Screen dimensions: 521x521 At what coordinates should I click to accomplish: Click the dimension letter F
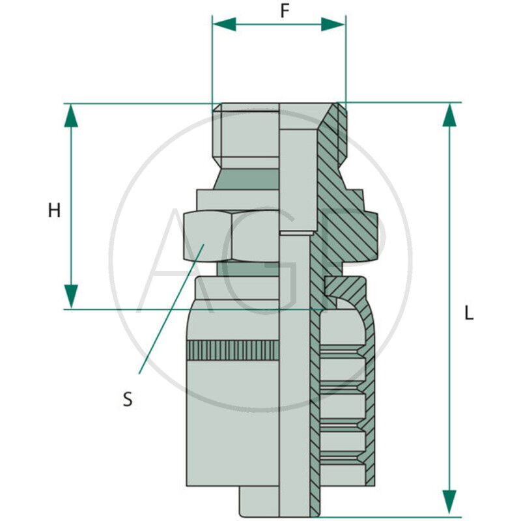[285, 11]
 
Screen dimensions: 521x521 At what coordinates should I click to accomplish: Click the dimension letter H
[55, 210]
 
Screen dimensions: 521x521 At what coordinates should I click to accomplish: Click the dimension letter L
[469, 313]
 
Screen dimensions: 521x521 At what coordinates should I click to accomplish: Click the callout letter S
[128, 399]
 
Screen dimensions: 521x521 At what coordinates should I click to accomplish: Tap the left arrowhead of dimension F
[224, 24]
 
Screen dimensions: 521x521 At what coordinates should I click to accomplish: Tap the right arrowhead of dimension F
[333, 24]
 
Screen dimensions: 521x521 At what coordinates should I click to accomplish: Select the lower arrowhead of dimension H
[71, 297]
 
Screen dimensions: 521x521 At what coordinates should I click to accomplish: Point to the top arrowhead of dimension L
[449, 115]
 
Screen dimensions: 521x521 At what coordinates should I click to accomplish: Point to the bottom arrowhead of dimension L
[449, 501]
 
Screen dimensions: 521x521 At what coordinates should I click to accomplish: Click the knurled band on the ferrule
[232, 350]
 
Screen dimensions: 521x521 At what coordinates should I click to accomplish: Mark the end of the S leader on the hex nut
[204, 244]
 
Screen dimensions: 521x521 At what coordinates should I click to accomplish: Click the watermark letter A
[176, 260]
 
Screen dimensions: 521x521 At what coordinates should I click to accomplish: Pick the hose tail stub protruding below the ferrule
[259, 501]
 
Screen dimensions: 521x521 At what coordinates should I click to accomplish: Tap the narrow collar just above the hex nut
[238, 200]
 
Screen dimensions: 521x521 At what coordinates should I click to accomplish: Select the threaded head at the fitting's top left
[246, 136]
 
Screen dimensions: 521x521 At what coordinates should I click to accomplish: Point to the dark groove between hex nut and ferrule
[248, 269]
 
